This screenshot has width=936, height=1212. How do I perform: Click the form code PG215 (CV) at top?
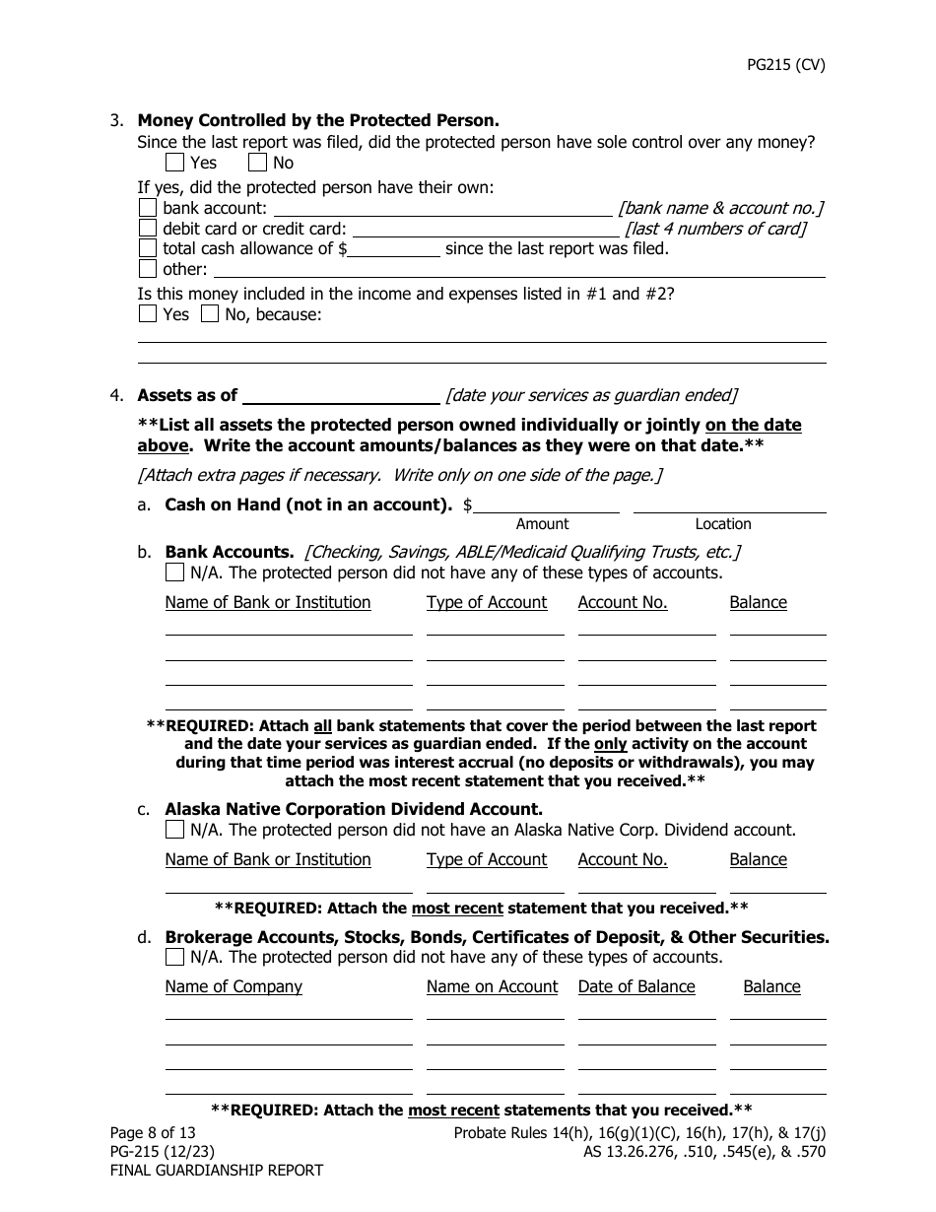(x=784, y=66)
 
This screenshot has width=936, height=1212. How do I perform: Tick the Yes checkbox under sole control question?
(x=175, y=163)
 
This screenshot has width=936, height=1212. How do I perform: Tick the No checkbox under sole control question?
(x=257, y=163)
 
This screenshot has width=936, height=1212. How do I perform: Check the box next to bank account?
(x=148, y=208)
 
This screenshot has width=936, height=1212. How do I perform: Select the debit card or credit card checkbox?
(x=148, y=229)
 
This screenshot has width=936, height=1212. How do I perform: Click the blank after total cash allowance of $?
(x=394, y=249)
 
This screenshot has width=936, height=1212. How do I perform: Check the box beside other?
(x=148, y=269)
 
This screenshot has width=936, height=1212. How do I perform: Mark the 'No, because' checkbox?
(x=210, y=314)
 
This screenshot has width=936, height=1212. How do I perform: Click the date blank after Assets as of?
(x=340, y=395)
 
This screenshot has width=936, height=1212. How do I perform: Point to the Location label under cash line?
(x=722, y=524)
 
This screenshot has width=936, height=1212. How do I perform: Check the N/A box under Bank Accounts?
(x=174, y=572)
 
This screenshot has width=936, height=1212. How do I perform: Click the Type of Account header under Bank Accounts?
(x=487, y=602)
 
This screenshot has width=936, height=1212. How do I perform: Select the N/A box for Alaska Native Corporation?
(x=174, y=830)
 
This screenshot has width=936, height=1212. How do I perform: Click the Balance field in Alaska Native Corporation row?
(x=777, y=884)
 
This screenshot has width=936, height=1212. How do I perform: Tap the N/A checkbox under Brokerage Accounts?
(x=174, y=957)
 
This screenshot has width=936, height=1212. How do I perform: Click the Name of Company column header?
(x=234, y=986)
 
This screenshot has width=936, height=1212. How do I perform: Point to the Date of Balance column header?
(x=636, y=986)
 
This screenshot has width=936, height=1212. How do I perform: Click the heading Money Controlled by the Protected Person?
(x=318, y=120)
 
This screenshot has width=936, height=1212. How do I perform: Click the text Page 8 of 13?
(x=154, y=1133)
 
